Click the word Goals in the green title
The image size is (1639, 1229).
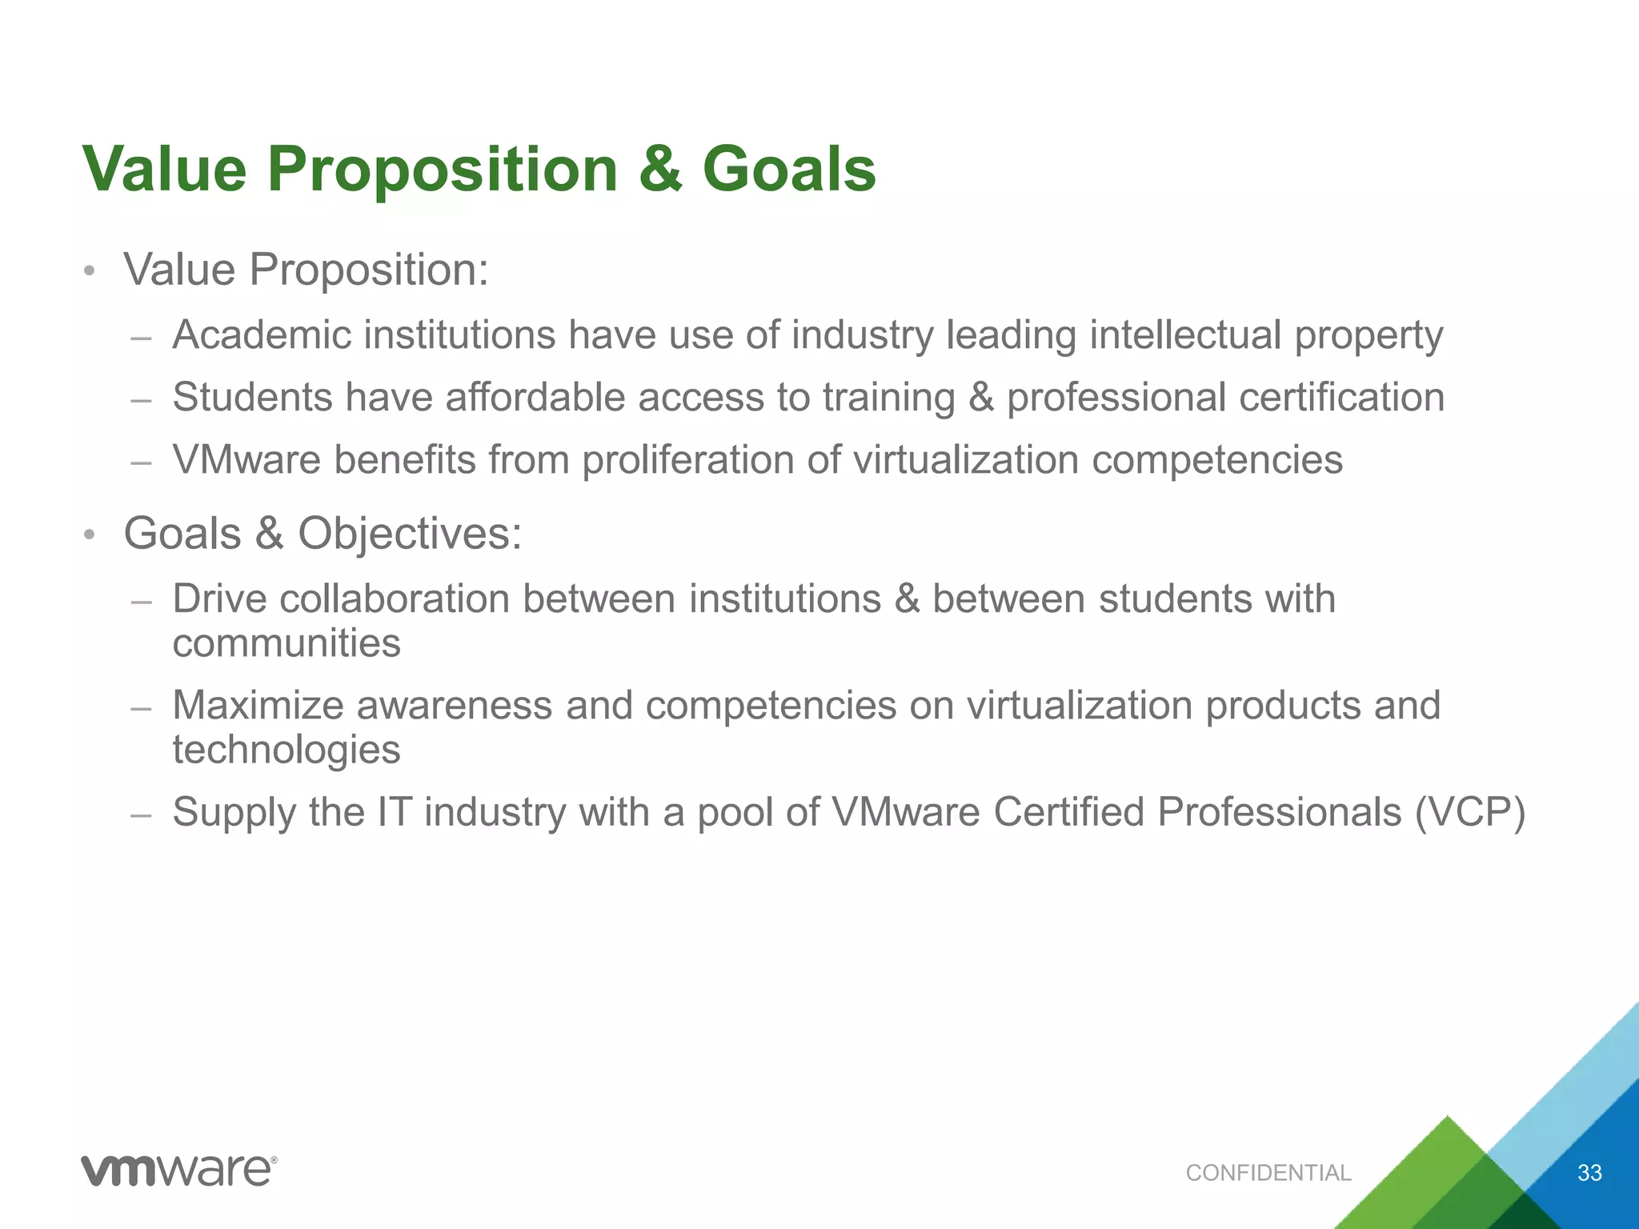788,170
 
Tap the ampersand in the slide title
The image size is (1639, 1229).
660,170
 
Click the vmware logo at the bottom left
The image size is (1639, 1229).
179,1171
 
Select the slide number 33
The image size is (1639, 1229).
1589,1173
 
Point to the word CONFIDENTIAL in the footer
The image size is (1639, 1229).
1268,1173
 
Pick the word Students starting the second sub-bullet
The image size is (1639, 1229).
252,397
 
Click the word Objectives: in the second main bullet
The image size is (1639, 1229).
410,533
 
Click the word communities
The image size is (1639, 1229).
287,643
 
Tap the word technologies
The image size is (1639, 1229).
287,751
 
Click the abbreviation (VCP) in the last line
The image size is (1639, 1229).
1469,812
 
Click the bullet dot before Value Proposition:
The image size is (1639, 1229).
90,271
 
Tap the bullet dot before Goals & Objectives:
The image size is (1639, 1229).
90,534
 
